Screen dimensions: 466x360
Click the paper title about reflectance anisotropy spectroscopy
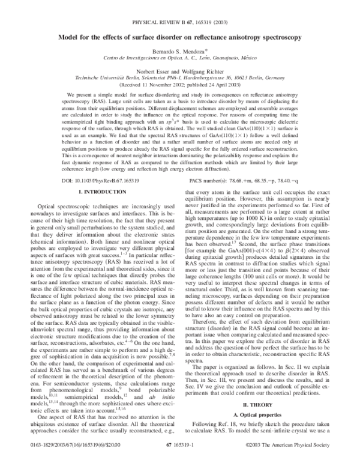click(179, 37)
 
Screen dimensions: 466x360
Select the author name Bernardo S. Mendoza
click(179, 52)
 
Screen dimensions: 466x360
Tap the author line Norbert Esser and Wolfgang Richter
click(179, 71)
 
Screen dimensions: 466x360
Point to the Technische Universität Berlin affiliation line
click(179, 78)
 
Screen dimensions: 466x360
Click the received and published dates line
click(179, 85)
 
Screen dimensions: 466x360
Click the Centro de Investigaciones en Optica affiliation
click(179, 58)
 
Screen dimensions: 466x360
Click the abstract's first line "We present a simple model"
click(179, 96)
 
